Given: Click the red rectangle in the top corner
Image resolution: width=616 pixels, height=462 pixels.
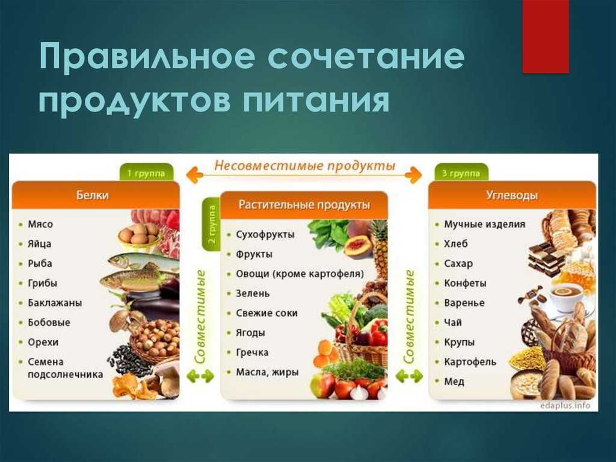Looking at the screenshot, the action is coord(545,36).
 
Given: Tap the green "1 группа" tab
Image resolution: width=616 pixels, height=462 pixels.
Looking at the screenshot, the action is coord(146,173).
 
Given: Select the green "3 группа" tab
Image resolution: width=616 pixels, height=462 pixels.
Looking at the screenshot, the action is coord(461,173).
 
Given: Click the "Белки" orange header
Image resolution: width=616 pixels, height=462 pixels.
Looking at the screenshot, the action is coord(96,195).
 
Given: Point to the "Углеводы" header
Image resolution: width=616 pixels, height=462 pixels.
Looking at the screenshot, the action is coord(512,195).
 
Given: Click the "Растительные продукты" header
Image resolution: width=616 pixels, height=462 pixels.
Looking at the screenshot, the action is coord(304,205).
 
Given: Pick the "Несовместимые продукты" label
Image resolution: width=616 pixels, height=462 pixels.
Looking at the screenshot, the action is coord(304,166).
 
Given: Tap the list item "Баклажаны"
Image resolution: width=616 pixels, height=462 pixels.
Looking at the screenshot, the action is coord(55,303).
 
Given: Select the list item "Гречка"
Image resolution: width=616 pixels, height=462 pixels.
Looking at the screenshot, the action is coord(252,352).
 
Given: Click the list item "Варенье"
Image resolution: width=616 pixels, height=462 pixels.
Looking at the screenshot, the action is coord(464,303).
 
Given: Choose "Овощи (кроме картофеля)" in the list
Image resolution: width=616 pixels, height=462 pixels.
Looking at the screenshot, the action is coord(300,274).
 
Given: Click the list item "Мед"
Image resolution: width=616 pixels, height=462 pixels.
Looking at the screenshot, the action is coord(454,382).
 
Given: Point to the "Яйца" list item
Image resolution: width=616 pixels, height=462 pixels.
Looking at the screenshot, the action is coord(39,244).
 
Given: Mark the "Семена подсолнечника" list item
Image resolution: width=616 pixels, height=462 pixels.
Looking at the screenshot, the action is coord(65,368).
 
